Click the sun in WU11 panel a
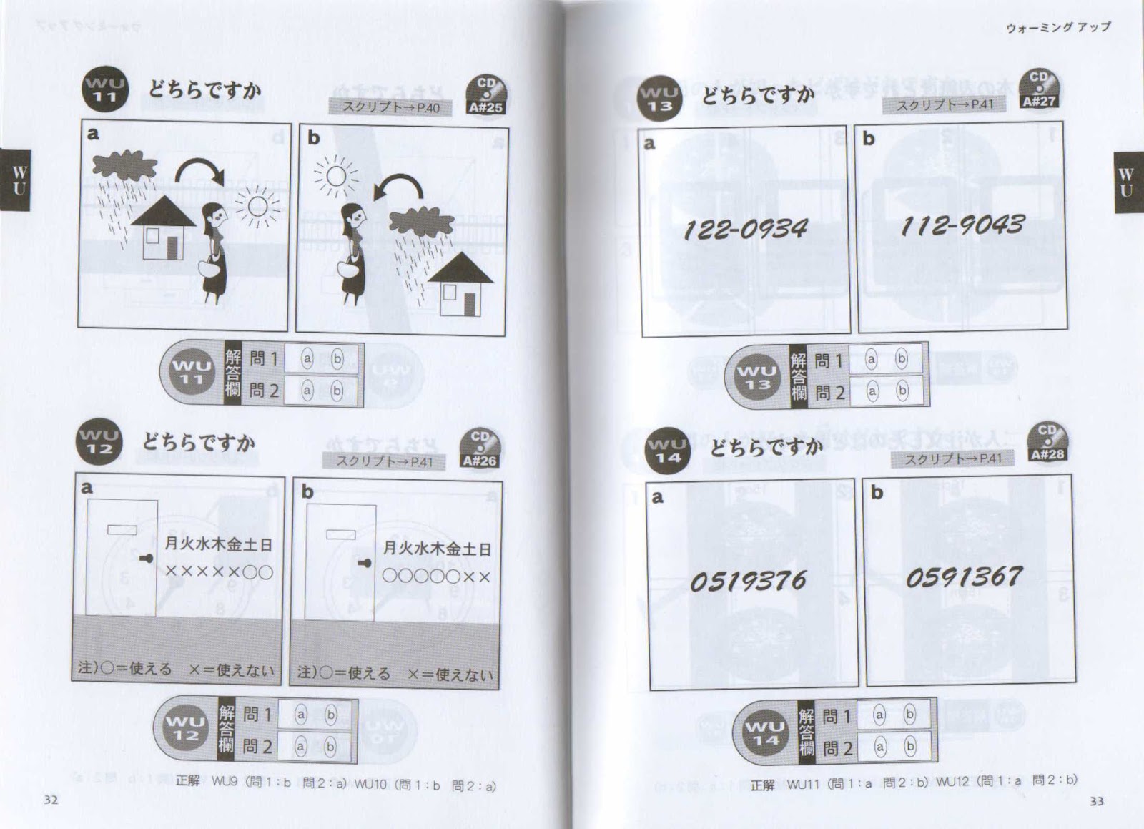[x=257, y=207]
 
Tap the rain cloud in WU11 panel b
[x=422, y=222]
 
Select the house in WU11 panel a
[x=164, y=228]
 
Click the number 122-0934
[x=745, y=229]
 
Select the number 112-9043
[x=962, y=225]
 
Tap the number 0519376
[x=748, y=581]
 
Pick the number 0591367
[x=964, y=577]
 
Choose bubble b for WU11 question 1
[x=337, y=358]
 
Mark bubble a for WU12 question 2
[x=300, y=747]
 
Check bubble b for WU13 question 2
[x=902, y=391]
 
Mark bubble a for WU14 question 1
[x=879, y=715]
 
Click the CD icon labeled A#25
[x=485, y=97]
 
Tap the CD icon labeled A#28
[x=1047, y=443]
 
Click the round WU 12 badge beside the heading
[x=99, y=442]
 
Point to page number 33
[x=1096, y=801]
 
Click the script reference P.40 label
[x=390, y=108]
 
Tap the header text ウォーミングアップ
[x=1058, y=27]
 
